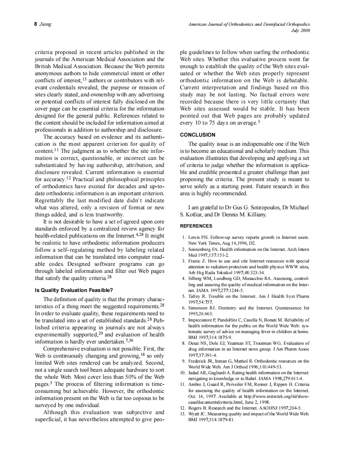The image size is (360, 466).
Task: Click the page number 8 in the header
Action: (36, 25)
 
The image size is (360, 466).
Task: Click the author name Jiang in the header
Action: (45, 25)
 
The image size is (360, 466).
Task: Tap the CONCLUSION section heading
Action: (197, 135)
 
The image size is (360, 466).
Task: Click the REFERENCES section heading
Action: (196, 226)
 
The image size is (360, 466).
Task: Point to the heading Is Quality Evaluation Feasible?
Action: (74, 290)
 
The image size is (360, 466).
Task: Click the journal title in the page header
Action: (249, 25)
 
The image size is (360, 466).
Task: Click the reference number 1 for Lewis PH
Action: (184, 237)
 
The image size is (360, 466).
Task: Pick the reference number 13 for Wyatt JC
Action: (182, 414)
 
